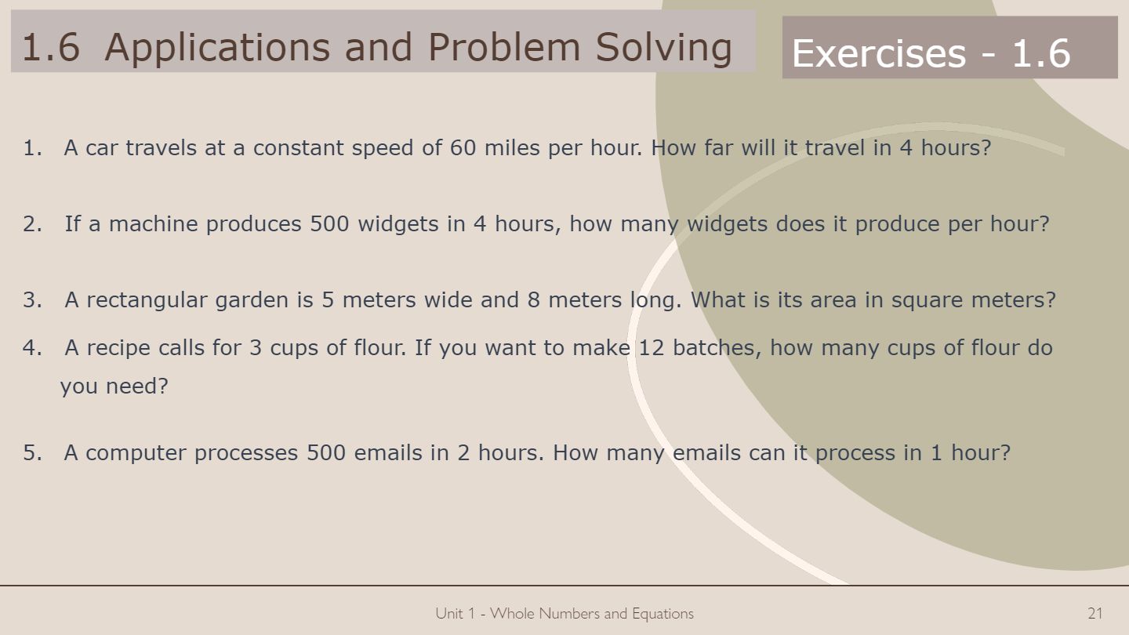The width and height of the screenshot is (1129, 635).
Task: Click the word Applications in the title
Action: (x=217, y=48)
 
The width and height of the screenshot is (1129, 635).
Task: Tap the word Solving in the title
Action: (x=664, y=48)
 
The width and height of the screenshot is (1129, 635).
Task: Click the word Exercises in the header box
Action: (x=879, y=53)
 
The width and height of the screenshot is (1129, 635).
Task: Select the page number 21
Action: (x=1095, y=613)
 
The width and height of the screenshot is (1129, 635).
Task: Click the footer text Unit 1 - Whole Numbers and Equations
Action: (x=564, y=613)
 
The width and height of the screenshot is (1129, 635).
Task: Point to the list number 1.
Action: (x=33, y=147)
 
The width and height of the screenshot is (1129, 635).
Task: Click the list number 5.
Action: (x=33, y=452)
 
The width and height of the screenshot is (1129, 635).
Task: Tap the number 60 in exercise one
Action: (x=463, y=147)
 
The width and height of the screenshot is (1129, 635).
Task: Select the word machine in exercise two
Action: (x=153, y=223)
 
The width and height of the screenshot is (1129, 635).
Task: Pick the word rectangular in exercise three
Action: (x=147, y=300)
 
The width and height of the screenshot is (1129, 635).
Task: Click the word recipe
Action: (x=118, y=348)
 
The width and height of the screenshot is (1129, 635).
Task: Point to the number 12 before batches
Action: (x=652, y=348)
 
